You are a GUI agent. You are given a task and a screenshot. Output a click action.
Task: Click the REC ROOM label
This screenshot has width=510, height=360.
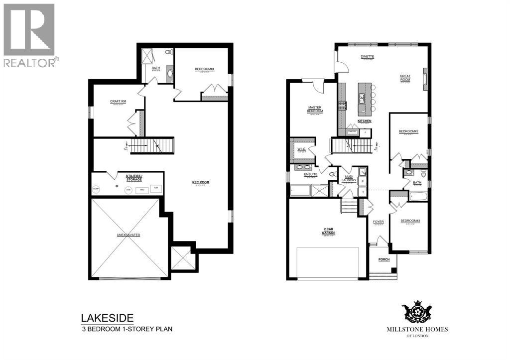(201, 182)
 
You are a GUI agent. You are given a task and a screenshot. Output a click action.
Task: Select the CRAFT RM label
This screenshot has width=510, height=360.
(118, 102)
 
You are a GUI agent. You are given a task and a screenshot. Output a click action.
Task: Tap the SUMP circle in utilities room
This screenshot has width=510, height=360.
(96, 189)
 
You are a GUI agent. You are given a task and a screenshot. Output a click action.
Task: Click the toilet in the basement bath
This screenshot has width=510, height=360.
(168, 52)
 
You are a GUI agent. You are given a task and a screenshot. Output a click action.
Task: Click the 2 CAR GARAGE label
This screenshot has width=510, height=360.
(328, 232)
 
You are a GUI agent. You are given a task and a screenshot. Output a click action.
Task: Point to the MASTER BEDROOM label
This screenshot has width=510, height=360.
(315, 109)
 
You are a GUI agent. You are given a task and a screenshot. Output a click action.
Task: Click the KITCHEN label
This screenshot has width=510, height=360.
(365, 121)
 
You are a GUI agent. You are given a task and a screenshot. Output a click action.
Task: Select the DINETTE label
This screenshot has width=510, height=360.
(368, 57)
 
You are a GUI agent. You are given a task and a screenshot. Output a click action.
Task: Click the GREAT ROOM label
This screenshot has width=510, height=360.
(405, 78)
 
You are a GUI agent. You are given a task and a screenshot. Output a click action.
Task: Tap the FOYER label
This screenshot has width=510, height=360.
(378, 222)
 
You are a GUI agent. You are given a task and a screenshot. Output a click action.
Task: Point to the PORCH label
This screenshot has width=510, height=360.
(383, 259)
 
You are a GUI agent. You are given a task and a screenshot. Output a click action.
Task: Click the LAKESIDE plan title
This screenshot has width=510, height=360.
(107, 318)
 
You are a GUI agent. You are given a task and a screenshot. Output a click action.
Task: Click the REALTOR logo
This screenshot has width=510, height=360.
(29, 35)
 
